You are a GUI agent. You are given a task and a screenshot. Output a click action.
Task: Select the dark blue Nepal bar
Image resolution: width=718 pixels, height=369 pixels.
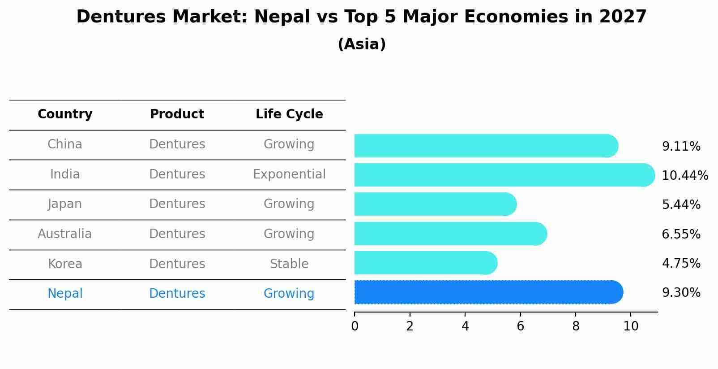[488, 292]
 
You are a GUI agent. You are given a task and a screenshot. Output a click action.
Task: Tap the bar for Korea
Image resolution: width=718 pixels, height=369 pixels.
[425, 263]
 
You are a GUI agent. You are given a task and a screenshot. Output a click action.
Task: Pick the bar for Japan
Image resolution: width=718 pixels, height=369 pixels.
[435, 204]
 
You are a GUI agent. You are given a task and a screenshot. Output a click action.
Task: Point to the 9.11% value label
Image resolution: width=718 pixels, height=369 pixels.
[681, 147]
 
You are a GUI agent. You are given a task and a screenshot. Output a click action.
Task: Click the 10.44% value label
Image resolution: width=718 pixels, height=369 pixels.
[685, 175]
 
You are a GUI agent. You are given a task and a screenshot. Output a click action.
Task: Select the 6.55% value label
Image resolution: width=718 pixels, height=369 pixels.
[681, 234]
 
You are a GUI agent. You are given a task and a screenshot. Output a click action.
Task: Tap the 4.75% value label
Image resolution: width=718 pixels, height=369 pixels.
[681, 263]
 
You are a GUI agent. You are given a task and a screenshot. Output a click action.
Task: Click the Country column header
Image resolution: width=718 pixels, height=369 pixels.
[65, 114]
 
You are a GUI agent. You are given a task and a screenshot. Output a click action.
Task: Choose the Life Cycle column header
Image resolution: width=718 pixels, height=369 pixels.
[289, 114]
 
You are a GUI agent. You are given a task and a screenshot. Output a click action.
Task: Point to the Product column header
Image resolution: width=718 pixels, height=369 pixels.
[177, 114]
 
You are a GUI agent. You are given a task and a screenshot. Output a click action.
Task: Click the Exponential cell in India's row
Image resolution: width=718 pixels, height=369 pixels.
[289, 174]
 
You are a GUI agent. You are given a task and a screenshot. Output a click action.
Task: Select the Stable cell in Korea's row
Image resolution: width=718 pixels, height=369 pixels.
[289, 264]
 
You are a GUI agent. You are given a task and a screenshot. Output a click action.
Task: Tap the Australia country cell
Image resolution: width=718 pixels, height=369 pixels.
[65, 234]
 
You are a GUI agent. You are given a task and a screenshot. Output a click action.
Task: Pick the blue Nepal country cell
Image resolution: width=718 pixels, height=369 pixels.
[65, 293]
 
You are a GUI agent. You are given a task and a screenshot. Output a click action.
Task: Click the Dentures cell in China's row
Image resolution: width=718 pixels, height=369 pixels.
[177, 144]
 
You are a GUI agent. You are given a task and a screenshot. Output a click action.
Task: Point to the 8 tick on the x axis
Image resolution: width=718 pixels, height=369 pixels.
[576, 326]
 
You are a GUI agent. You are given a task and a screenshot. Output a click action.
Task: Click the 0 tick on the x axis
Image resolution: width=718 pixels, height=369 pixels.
[355, 326]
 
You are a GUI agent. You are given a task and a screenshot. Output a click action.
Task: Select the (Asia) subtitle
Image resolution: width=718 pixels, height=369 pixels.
[362, 44]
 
